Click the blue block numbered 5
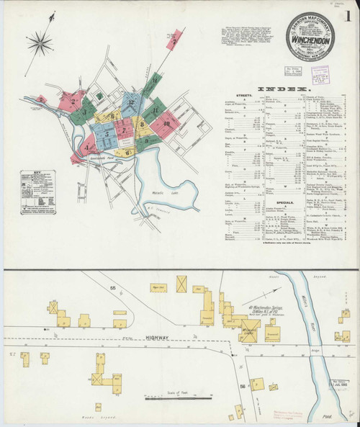[106, 134]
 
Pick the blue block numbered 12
[130, 104]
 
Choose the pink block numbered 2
[73, 102]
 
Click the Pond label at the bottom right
[331, 415]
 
